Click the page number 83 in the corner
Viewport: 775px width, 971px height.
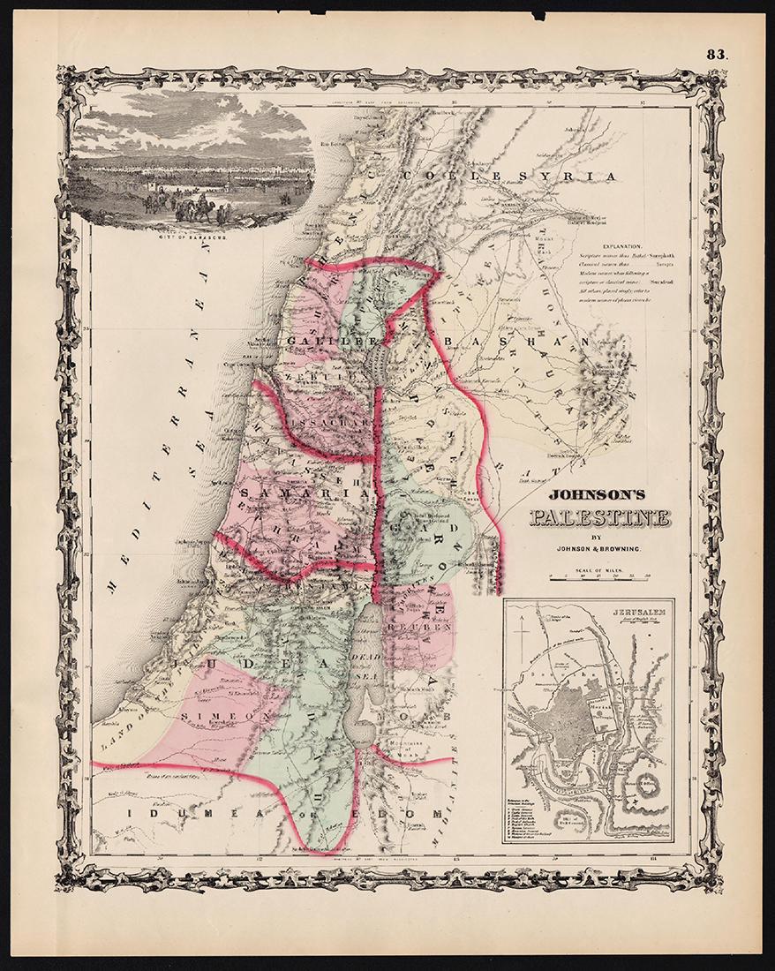pyautogui.click(x=715, y=54)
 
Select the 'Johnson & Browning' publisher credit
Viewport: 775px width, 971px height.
pyautogui.click(x=598, y=549)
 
